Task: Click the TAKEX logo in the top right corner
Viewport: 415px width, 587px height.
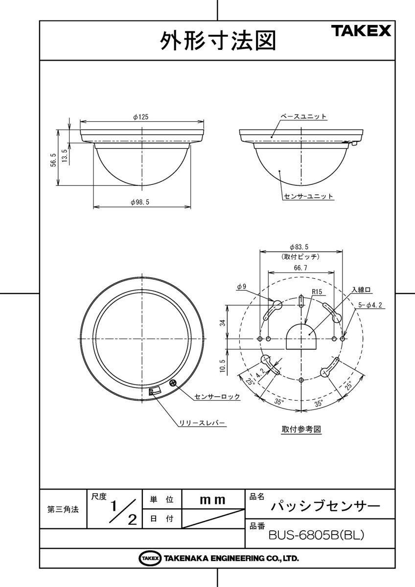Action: (x=363, y=31)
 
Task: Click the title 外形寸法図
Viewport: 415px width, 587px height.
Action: (x=218, y=41)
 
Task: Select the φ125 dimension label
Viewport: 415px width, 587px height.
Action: (x=140, y=117)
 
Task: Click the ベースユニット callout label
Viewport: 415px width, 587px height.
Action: (x=303, y=116)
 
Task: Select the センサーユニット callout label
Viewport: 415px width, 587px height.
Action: (x=308, y=196)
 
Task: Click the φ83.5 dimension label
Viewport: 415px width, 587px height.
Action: (x=301, y=247)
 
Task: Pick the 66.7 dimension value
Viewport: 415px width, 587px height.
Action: (x=301, y=268)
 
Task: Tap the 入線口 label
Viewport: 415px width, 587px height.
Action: (x=362, y=290)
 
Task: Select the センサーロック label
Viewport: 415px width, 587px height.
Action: (x=217, y=397)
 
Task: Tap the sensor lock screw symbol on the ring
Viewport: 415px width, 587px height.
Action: (x=172, y=384)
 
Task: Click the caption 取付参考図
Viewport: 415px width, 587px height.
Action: (x=301, y=429)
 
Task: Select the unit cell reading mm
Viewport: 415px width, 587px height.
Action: (x=213, y=500)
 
